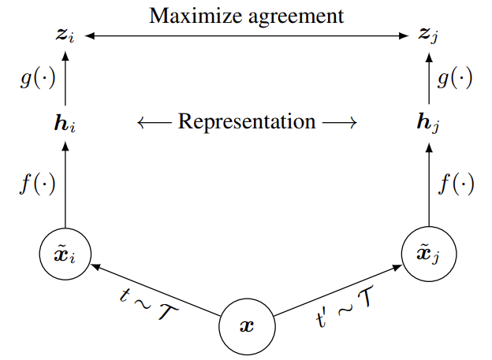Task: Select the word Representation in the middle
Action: pyautogui.click(x=247, y=122)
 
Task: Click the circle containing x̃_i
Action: pyautogui.click(x=65, y=254)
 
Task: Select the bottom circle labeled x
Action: pyautogui.click(x=248, y=325)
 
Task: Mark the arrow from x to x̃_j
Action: pyautogui.click(x=339, y=290)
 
